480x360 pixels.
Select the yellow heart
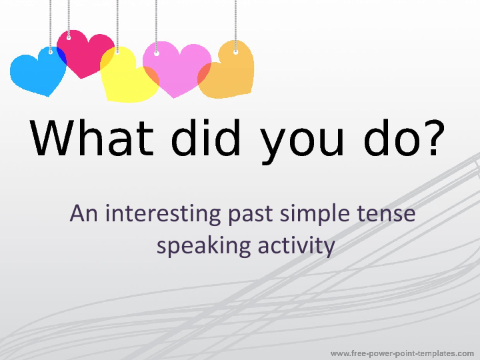coord(127,77)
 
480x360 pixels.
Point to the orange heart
coord(230,70)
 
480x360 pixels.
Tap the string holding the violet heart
coord(156,23)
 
